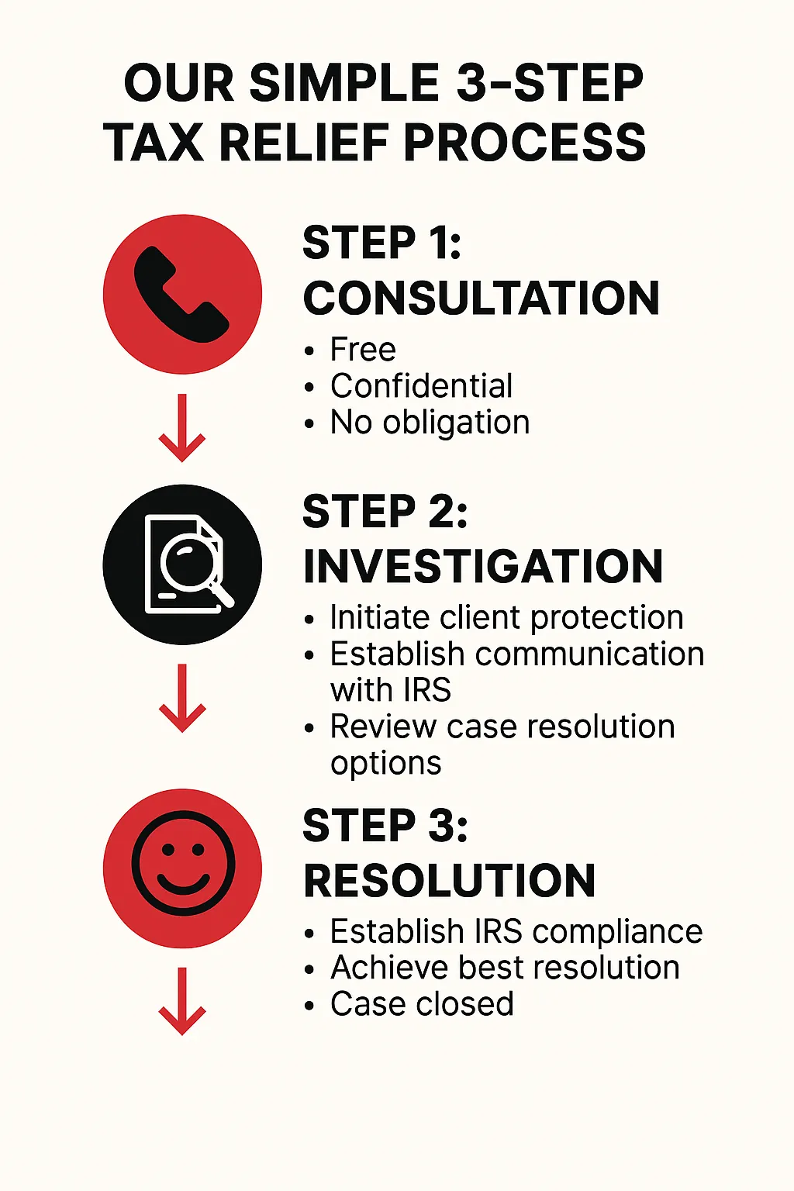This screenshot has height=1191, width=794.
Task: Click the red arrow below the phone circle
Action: click(182, 428)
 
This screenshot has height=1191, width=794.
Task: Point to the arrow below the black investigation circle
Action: click(182, 698)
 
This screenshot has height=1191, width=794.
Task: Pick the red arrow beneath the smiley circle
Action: click(182, 1001)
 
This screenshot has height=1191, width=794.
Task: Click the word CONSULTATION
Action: click(482, 298)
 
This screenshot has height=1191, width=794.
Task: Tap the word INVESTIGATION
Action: click(483, 567)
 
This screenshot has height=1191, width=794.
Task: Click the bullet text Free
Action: click(363, 350)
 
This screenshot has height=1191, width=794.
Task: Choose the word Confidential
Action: click(421, 385)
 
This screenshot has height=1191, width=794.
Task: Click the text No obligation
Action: click(430, 423)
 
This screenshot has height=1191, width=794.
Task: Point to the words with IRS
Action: click(390, 689)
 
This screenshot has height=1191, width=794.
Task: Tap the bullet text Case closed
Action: click(422, 1004)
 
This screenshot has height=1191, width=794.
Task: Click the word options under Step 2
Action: click(385, 765)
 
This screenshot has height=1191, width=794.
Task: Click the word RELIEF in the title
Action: click(304, 142)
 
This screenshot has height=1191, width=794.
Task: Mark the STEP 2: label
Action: click(385, 512)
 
